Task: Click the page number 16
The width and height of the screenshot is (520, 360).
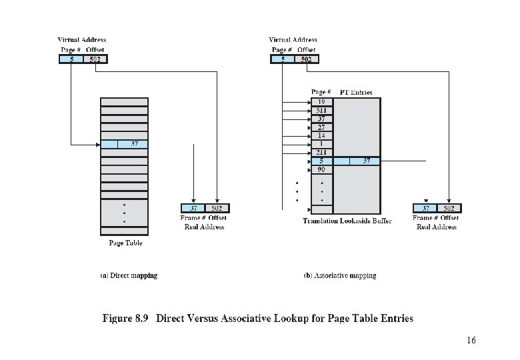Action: pyautogui.click(x=471, y=341)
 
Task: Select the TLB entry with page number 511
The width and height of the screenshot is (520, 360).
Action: pyautogui.click(x=321, y=110)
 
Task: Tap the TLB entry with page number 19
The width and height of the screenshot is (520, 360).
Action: pyautogui.click(x=321, y=102)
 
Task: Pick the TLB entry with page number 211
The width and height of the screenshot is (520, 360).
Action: pyautogui.click(x=321, y=152)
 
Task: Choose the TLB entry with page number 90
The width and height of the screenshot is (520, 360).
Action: pyautogui.click(x=321, y=169)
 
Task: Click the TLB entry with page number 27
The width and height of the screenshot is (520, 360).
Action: pyautogui.click(x=321, y=127)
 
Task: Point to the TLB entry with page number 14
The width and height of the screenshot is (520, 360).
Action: pyautogui.click(x=321, y=135)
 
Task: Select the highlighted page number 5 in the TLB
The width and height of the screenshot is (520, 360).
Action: pyautogui.click(x=321, y=161)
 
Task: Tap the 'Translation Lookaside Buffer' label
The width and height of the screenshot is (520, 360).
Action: pyautogui.click(x=347, y=221)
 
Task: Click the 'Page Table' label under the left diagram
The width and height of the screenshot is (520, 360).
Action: pyautogui.click(x=125, y=243)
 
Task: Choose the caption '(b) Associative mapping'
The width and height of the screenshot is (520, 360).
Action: pyautogui.click(x=340, y=275)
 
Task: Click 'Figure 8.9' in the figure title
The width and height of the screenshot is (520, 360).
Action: pyautogui.click(x=125, y=318)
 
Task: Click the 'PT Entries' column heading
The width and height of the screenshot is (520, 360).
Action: pyautogui.click(x=356, y=91)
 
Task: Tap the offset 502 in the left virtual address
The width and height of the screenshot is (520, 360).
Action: pyautogui.click(x=95, y=59)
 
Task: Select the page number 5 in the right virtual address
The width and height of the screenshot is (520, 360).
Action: pyautogui.click(x=283, y=59)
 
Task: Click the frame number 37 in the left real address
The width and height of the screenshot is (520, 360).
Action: pyautogui.click(x=193, y=208)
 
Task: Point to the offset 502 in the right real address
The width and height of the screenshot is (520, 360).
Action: pyautogui.click(x=449, y=208)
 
